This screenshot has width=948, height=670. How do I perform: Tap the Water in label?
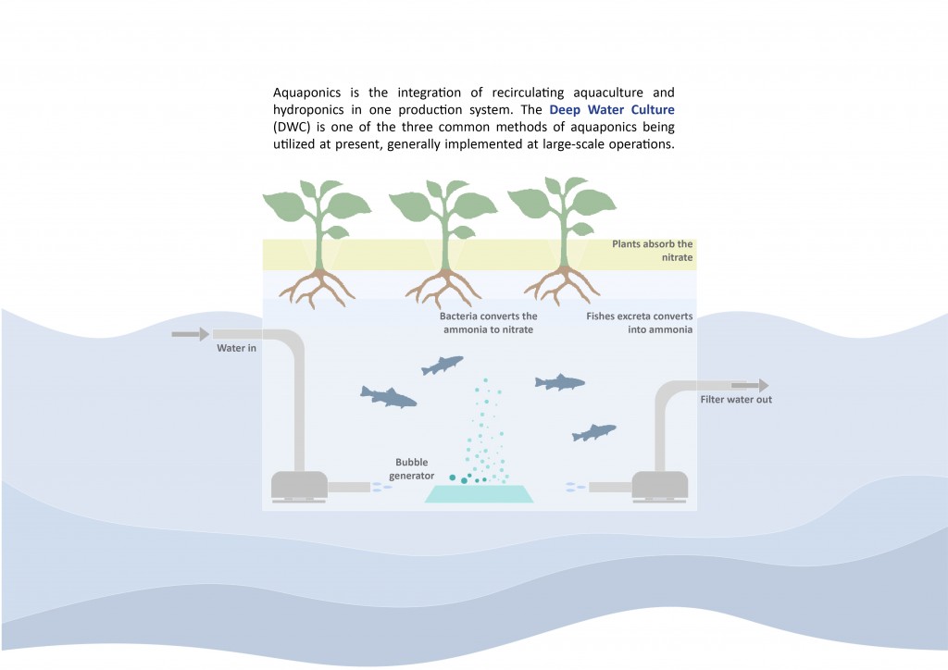[237, 348]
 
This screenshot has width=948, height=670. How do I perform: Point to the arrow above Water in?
[191, 333]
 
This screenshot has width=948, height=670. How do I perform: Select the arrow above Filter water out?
[750, 386]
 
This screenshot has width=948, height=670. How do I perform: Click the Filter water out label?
[736, 400]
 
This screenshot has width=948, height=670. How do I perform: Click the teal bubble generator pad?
[480, 493]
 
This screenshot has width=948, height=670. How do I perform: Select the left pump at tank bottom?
[297, 486]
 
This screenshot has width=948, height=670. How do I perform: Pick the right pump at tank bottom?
[659, 485]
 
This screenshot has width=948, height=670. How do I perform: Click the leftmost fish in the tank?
[388, 397]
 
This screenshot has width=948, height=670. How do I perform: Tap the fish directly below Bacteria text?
[442, 366]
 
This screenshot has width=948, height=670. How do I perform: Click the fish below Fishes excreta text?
[560, 381]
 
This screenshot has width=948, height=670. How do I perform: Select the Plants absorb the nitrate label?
[652, 251]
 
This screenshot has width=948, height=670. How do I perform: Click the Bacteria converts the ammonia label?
[488, 323]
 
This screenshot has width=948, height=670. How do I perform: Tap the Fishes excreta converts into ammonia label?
[640, 322]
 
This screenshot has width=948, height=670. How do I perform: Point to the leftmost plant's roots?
[317, 286]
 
